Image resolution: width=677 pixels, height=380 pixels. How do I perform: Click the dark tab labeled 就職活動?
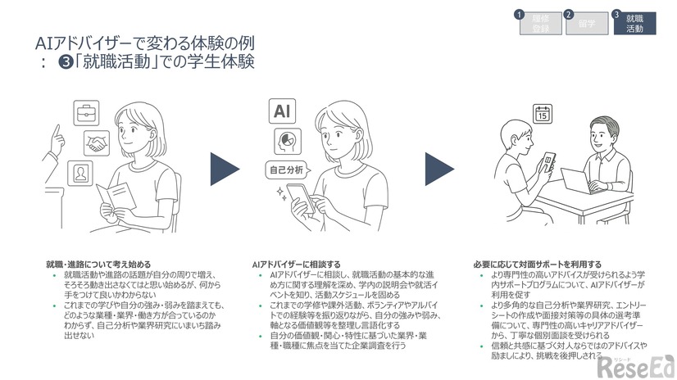pyautogui.click(x=634, y=23)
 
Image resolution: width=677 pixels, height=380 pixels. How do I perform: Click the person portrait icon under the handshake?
pyautogui.click(x=81, y=173)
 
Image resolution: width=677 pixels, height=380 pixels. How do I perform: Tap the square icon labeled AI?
pyautogui.click(x=280, y=111)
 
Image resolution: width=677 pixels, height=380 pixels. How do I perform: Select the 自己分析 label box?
pyautogui.click(x=286, y=170)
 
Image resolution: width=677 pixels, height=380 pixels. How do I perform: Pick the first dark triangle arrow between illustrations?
pyautogui.click(x=223, y=168)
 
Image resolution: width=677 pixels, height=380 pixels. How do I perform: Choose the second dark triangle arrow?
pyautogui.click(x=438, y=168)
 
